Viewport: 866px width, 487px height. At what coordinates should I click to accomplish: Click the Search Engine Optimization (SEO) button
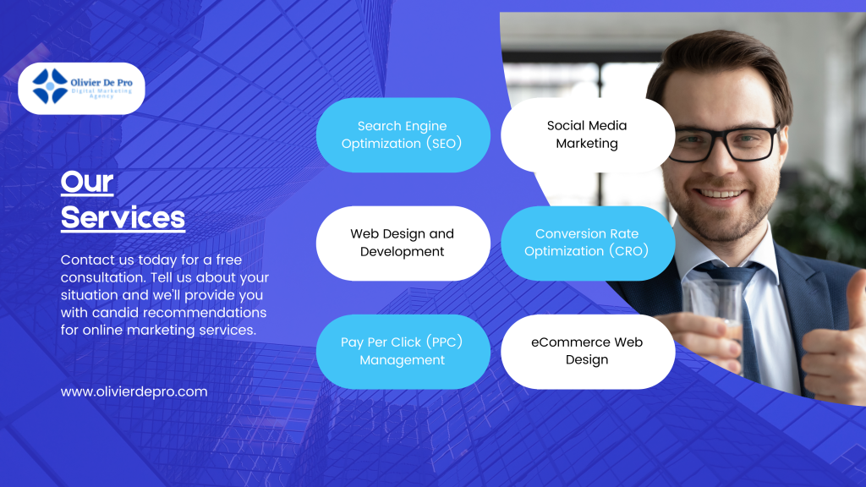pos(403,134)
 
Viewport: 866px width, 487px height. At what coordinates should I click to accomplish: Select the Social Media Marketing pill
pos(588,134)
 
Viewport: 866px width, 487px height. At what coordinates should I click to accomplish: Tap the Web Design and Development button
pos(403,243)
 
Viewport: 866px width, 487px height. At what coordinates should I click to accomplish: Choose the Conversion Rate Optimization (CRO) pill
pos(588,243)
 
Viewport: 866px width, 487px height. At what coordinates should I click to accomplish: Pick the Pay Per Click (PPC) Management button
pos(403,351)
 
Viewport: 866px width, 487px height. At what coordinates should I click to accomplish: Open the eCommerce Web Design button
pos(588,351)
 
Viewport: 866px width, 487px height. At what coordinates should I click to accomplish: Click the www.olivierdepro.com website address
pos(134,392)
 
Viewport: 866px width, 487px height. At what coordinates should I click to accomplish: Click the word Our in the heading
pos(87,183)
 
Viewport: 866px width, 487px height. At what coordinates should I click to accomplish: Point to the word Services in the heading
pos(123,217)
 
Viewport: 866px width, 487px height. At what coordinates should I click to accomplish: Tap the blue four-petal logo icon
pos(50,86)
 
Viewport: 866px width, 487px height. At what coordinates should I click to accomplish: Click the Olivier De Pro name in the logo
pos(101,83)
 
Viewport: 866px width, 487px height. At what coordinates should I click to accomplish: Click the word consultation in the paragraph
pos(103,277)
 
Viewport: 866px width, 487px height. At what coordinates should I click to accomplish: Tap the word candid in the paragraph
pos(115,313)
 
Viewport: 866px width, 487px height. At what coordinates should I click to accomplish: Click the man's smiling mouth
pos(720,194)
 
